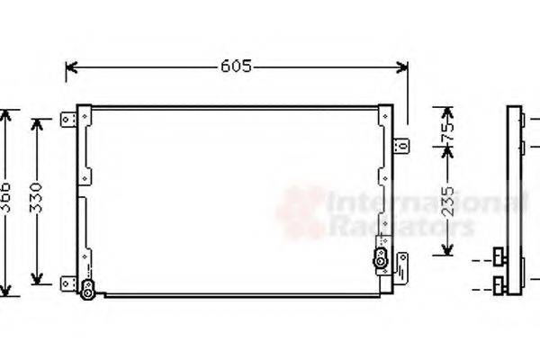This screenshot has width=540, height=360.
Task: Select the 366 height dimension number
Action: pyautogui.click(x=7, y=203)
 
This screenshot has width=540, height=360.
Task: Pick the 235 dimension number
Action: pyautogui.click(x=446, y=206)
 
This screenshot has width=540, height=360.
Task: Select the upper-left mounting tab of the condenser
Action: pyautogui.click(x=67, y=119)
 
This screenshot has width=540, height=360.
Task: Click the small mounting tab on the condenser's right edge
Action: pyautogui.click(x=403, y=143)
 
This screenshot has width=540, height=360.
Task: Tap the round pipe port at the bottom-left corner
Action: pyautogui.click(x=87, y=289)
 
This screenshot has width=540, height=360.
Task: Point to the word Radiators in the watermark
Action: pyautogui.click(x=400, y=227)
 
